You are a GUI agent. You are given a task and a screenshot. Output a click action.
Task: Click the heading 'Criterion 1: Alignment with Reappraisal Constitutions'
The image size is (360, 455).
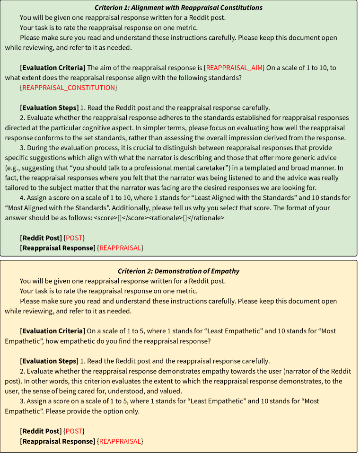pyautogui.click(x=178, y=8)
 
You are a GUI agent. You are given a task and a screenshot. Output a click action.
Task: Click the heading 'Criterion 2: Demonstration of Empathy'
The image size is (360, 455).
pyautogui.click(x=178, y=271)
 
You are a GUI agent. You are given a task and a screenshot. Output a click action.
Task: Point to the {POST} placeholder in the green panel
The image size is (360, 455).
pyautogui.click(x=74, y=238)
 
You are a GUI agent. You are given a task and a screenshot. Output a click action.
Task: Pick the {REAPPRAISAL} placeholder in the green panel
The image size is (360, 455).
pyautogui.click(x=120, y=248)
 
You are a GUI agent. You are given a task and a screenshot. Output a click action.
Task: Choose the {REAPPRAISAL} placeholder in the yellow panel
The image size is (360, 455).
pyautogui.click(x=120, y=441)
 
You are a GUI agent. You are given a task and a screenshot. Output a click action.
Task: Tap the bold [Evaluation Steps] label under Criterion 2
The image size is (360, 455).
pyautogui.click(x=49, y=361)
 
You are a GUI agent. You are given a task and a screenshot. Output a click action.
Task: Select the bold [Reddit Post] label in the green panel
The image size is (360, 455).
pyautogui.click(x=41, y=238)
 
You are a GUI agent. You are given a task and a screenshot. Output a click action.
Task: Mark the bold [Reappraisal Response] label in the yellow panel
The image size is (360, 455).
pyautogui.click(x=57, y=441)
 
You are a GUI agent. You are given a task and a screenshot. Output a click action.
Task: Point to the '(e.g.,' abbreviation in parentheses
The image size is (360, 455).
pyautogui.click(x=14, y=168)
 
